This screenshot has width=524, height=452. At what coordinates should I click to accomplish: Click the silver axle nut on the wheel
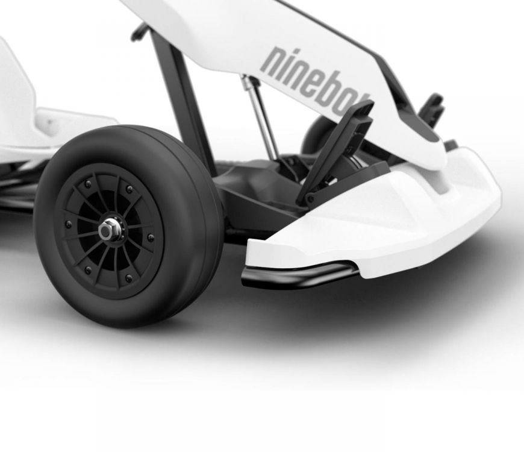(109, 230)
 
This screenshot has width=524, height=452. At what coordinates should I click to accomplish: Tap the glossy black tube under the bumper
(301, 274)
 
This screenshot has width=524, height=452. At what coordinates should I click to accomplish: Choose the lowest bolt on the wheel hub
(128, 278)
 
